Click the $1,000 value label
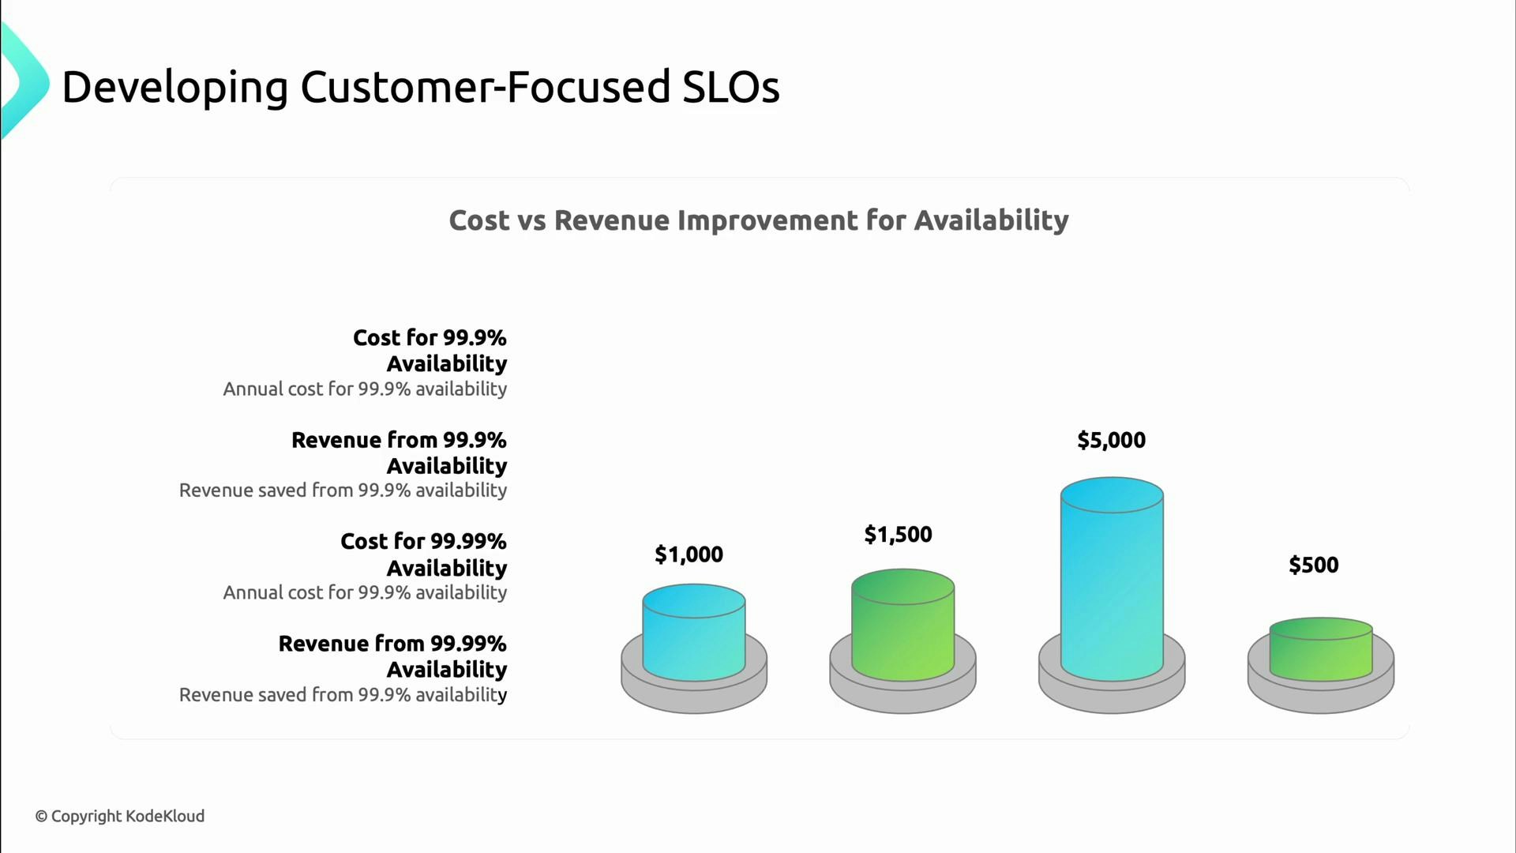point(689,554)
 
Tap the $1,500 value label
point(898,535)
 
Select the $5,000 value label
point(1111,440)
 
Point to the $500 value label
point(1313,565)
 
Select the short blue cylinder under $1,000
point(693,636)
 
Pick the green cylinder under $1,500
point(902,628)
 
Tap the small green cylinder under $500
point(1320,652)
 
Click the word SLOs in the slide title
point(730,87)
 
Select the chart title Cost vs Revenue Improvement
point(758,220)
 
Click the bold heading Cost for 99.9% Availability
point(430,350)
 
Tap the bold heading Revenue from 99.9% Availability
point(400,452)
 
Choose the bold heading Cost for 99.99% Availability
point(424,554)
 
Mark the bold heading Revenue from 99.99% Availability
point(392,656)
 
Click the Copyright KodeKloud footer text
point(120,816)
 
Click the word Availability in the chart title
point(991,220)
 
